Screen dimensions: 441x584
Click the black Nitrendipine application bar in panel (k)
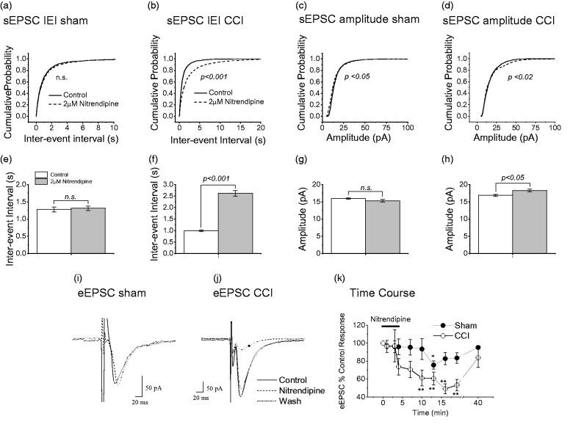pyautogui.click(x=393, y=327)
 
